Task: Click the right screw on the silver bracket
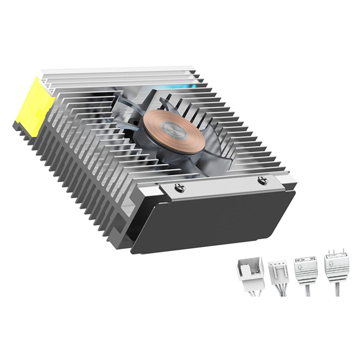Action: pos(262,181)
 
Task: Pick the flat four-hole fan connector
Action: pos(278,272)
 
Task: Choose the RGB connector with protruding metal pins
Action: pos(335,269)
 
